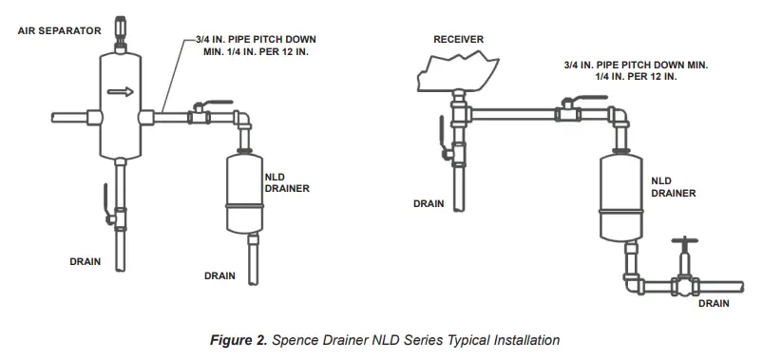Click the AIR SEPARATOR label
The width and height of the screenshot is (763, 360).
59,30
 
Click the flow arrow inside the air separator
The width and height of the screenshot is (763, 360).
120,92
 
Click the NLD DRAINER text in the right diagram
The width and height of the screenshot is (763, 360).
673,186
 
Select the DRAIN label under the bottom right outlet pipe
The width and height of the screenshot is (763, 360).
714,304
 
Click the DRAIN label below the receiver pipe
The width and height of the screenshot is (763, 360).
429,202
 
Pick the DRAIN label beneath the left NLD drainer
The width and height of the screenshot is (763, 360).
220,276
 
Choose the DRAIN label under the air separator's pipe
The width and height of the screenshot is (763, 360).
86,259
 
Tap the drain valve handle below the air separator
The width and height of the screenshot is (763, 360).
106,206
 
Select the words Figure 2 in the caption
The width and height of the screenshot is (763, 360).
238,338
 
